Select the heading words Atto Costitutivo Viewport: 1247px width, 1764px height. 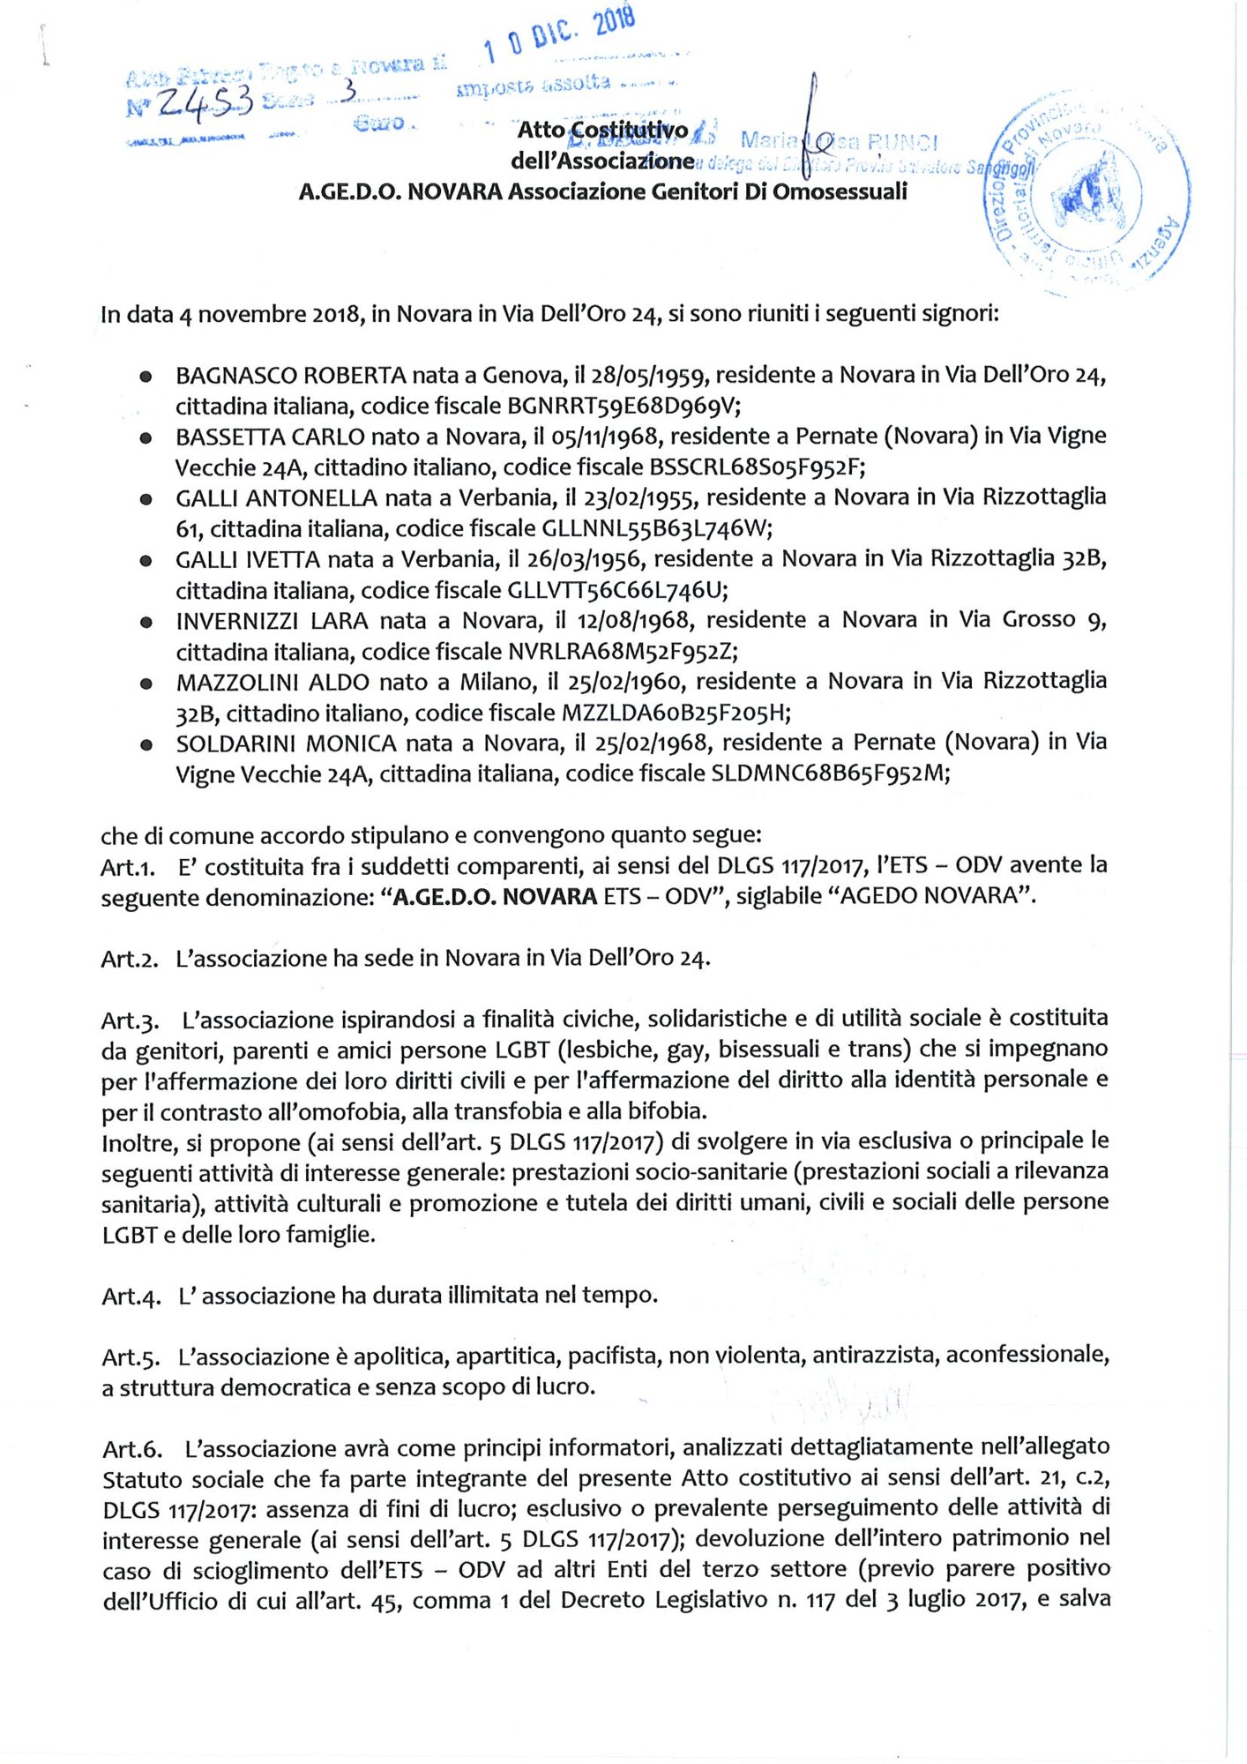602,131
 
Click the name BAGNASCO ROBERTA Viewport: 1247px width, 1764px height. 290,376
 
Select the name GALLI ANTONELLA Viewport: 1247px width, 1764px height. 276,498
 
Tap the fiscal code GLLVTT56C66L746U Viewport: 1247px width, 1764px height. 617,590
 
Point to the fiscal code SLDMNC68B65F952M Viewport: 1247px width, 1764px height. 830,774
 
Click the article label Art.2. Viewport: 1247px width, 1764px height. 130,959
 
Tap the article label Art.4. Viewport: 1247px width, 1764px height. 131,1297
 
